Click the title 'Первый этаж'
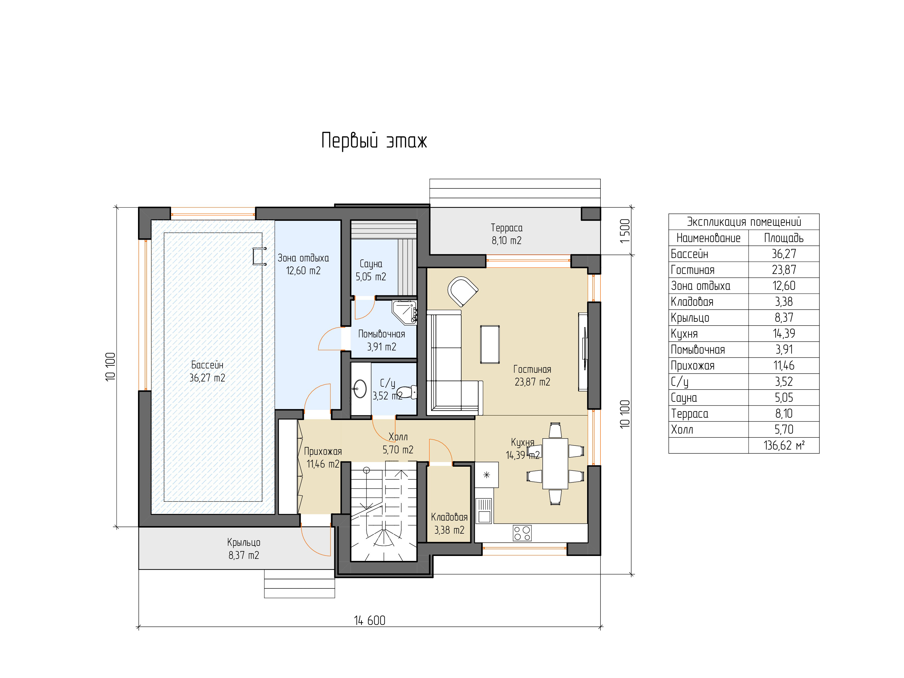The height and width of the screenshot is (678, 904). pyautogui.click(x=374, y=141)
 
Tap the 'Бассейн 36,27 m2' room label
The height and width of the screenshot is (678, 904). pyautogui.click(x=207, y=371)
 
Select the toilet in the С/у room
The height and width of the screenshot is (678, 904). pyautogui.click(x=407, y=392)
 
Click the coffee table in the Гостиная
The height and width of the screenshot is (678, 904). pyautogui.click(x=490, y=344)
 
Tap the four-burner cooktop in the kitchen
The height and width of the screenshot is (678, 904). pyautogui.click(x=522, y=533)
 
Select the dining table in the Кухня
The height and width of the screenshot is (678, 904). pyautogui.click(x=555, y=463)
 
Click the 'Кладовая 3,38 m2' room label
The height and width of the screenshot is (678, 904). pyautogui.click(x=449, y=524)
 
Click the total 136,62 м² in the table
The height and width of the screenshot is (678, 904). pyautogui.click(x=784, y=446)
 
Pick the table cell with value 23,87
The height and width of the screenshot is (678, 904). pyautogui.click(x=784, y=270)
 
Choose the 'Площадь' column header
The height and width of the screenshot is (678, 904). pyautogui.click(x=784, y=238)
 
